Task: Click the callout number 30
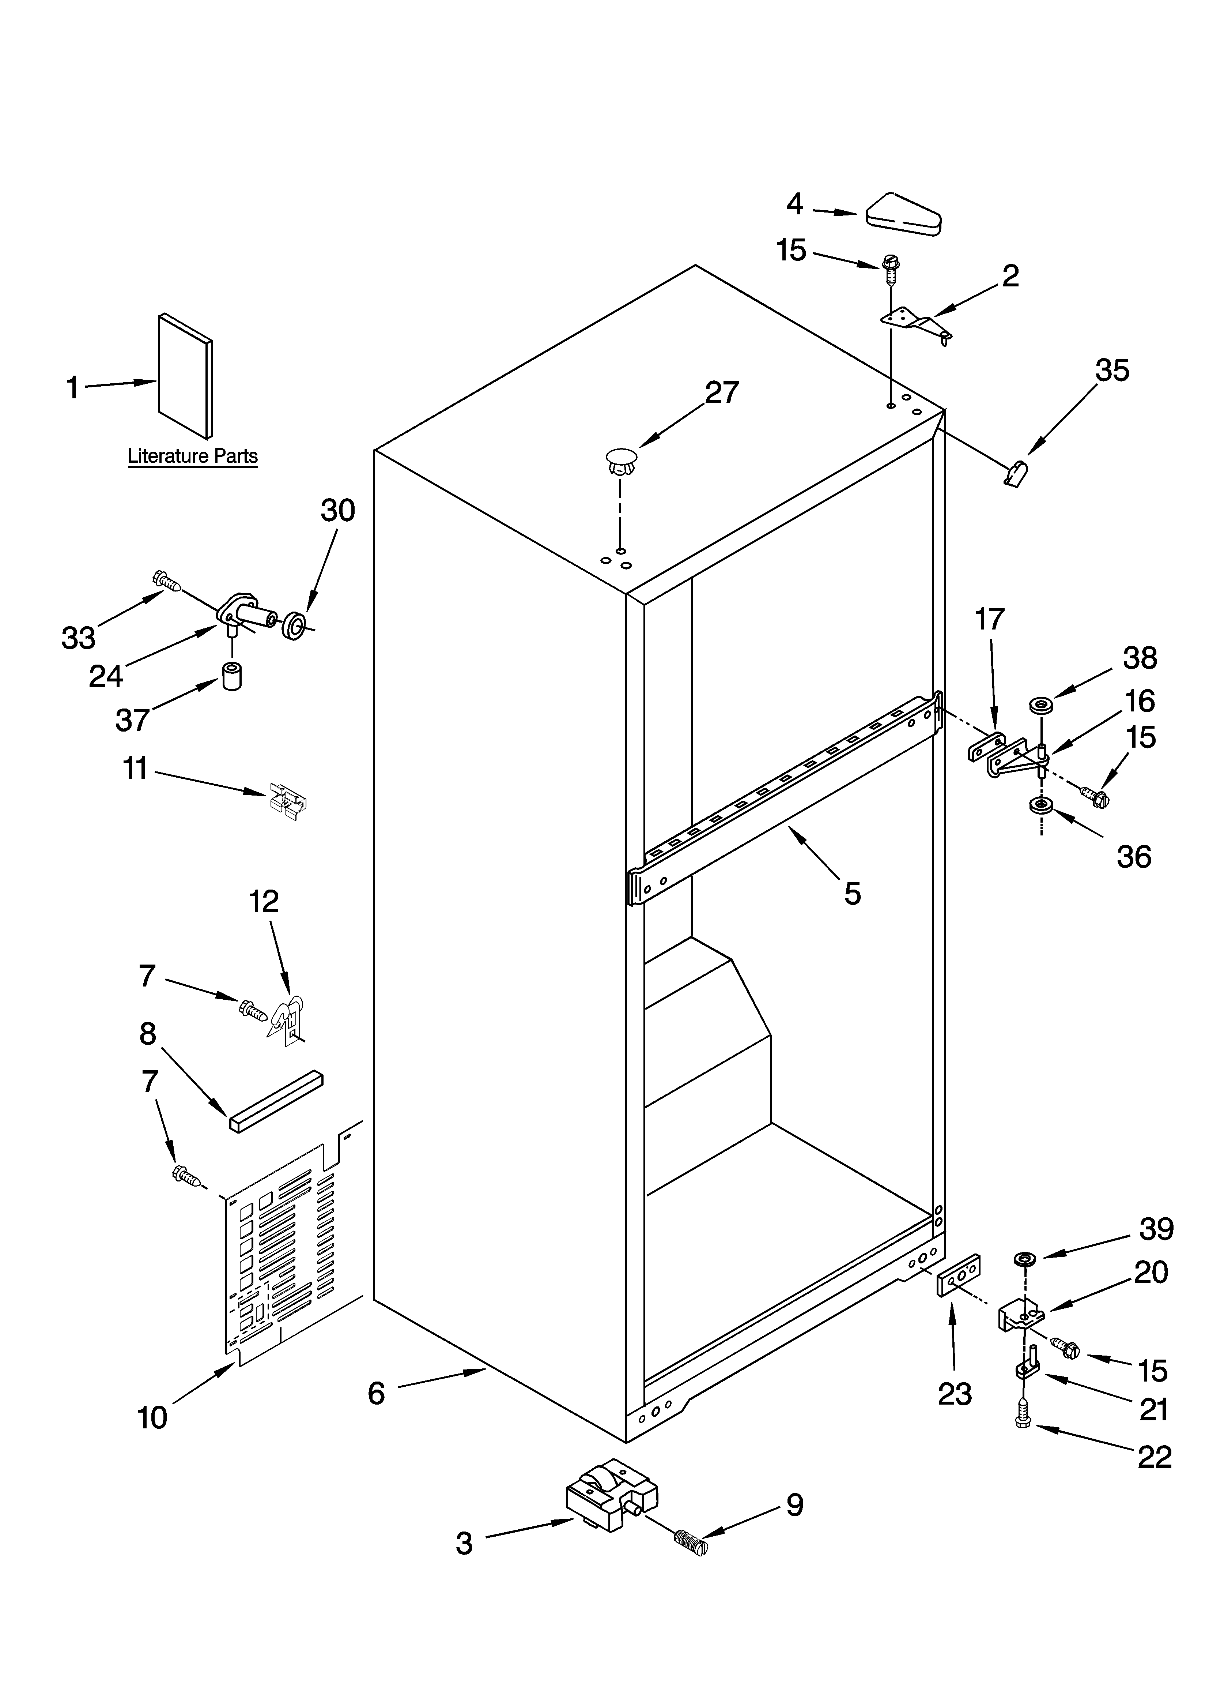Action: point(338,511)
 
